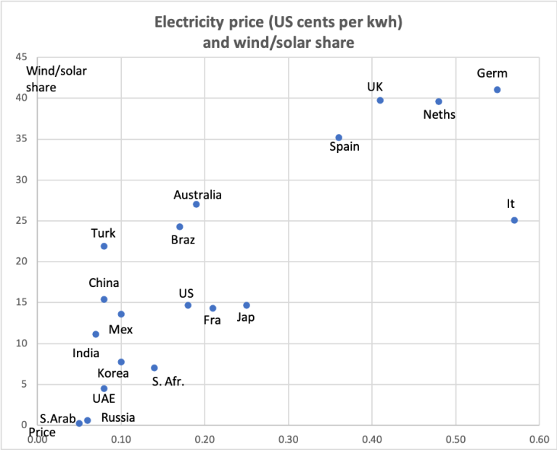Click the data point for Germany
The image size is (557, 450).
pyautogui.click(x=497, y=90)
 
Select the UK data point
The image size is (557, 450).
pyautogui.click(x=380, y=100)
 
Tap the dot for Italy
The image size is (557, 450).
pyautogui.click(x=514, y=220)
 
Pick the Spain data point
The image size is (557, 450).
pyautogui.click(x=339, y=137)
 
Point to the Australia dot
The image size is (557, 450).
pyautogui.click(x=197, y=204)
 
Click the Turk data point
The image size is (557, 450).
pyautogui.click(x=104, y=246)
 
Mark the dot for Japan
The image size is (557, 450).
pyautogui.click(x=247, y=305)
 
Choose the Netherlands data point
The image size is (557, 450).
pyautogui.click(x=439, y=101)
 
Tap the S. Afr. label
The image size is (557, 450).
pyautogui.click(x=168, y=381)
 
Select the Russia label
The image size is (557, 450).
pyautogui.click(x=117, y=417)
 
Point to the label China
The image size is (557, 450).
pyautogui.click(x=104, y=283)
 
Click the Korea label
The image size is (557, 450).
pyautogui.click(x=113, y=373)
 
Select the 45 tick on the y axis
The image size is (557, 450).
pyautogui.click(x=21, y=57)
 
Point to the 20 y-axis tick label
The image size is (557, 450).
pyautogui.click(x=21, y=262)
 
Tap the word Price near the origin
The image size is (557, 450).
pyautogui.click(x=42, y=433)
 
